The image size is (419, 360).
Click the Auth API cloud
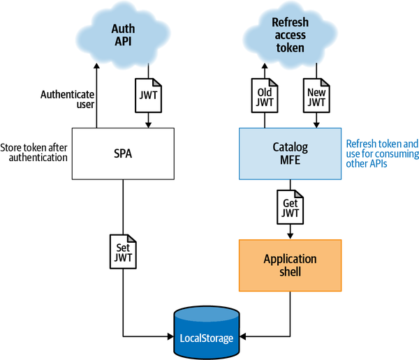(122, 34)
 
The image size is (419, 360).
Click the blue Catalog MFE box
(291, 153)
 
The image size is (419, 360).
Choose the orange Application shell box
(291, 264)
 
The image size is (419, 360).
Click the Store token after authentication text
(34, 152)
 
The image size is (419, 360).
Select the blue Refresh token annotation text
(382, 153)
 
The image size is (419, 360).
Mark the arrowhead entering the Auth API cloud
(97, 67)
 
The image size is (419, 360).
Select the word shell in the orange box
(291, 271)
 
